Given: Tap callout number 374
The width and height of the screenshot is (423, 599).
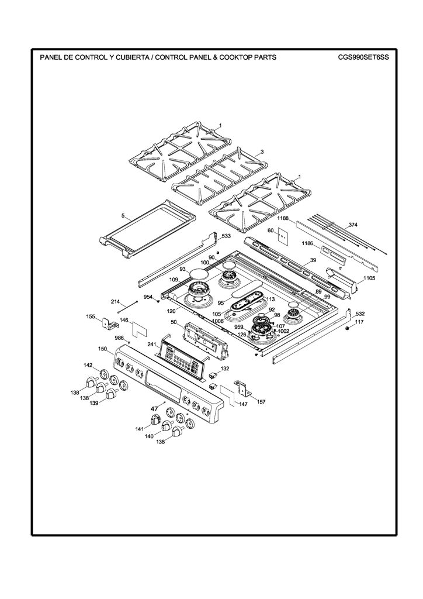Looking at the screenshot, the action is click(353, 225).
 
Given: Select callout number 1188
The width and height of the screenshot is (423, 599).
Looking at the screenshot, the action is click(283, 219).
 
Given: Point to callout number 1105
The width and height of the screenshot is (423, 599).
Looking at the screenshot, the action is click(369, 278).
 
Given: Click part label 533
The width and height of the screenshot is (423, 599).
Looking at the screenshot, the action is click(226, 236).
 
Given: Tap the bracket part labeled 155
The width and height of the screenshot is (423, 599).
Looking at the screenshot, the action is click(110, 323).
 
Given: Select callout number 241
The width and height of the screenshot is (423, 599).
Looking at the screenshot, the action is click(152, 344).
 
